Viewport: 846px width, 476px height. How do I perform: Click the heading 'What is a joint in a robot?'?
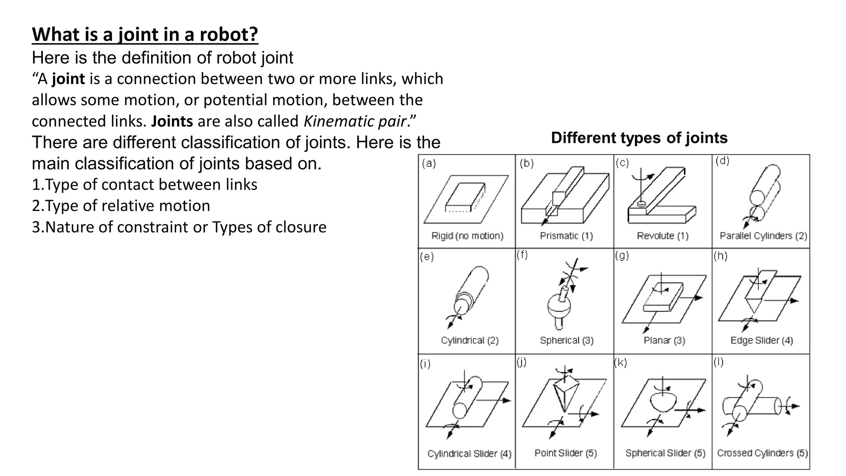[145, 34]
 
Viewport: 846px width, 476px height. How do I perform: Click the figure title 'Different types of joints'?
[639, 138]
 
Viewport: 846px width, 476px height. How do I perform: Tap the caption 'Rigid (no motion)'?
[467, 236]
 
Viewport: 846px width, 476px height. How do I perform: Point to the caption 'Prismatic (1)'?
[566, 236]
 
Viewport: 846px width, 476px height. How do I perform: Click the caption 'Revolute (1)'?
[663, 236]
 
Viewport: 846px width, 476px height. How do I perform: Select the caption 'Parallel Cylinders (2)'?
[763, 236]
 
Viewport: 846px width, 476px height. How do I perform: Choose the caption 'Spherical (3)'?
[567, 340]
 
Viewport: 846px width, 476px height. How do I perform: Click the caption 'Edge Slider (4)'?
[762, 340]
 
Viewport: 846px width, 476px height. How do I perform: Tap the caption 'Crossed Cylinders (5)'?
[763, 453]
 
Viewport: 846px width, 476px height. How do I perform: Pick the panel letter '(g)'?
[622, 256]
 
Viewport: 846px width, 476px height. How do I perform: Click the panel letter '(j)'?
[522, 362]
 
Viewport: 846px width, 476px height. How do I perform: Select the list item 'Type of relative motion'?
[121, 206]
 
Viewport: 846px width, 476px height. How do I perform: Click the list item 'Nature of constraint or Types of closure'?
[179, 227]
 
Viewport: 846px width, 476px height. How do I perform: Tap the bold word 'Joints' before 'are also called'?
[172, 121]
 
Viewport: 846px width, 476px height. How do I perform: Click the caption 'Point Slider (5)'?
[566, 453]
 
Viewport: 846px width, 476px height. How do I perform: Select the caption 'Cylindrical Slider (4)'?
[469, 454]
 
